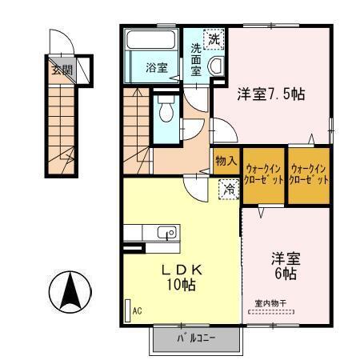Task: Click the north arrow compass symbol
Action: point(70,293)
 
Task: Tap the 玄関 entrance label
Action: point(61,70)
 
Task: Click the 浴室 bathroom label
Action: point(156,68)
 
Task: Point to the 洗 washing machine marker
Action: point(214,38)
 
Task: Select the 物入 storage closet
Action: point(226,160)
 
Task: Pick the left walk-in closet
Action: point(263,174)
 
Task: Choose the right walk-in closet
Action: point(309,174)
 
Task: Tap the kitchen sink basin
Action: point(167,233)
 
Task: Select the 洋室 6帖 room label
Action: point(284,266)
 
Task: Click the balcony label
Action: point(196,339)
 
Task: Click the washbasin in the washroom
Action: point(215,68)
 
